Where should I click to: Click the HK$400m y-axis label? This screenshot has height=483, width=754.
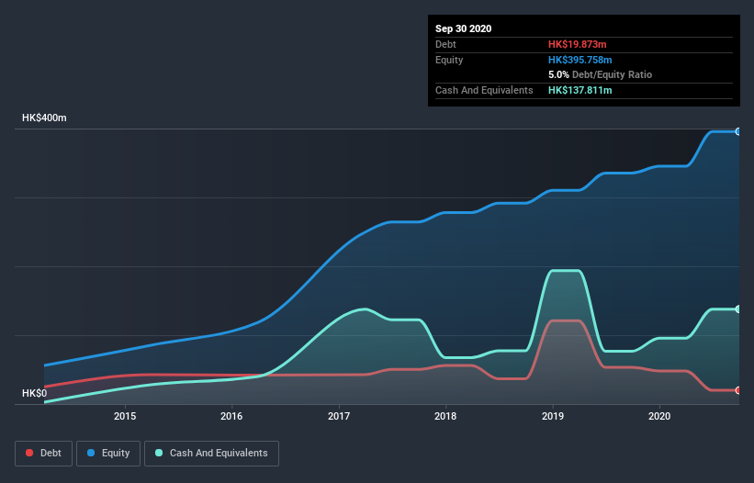[x=44, y=118]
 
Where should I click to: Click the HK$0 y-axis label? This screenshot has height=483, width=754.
[x=34, y=393]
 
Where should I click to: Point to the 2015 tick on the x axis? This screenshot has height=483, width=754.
[x=125, y=416]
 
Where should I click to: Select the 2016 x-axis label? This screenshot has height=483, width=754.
[x=231, y=416]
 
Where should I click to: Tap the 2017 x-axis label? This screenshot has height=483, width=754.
[x=339, y=416]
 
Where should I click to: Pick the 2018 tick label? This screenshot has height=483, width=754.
[x=445, y=416]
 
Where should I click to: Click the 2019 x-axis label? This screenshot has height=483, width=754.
[x=553, y=416]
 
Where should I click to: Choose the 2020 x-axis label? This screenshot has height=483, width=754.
[x=659, y=416]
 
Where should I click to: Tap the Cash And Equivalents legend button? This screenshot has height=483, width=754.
[x=211, y=453]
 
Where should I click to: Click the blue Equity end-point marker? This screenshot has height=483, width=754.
[x=737, y=131]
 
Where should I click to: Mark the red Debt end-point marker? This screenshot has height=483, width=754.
[x=737, y=390]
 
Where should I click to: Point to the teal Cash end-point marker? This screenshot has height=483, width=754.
[x=737, y=309]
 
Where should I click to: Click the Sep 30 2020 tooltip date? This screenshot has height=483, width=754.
[x=463, y=28]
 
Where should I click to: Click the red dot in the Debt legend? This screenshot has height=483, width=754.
[x=30, y=453]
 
